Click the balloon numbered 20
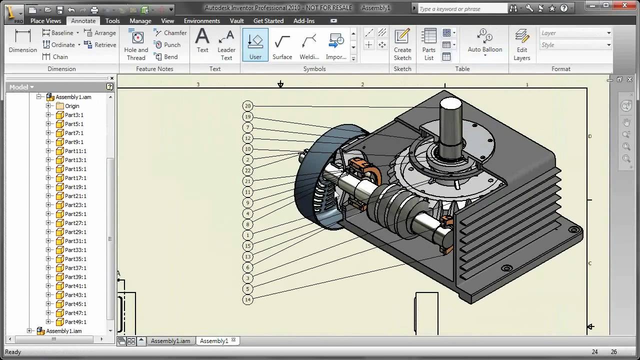coord(247,105)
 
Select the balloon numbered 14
coord(247,299)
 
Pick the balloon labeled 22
coord(247,170)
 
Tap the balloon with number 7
coord(247,127)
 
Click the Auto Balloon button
coord(485,41)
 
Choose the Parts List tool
coord(428,44)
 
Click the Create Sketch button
coord(402,44)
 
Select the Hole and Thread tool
coord(136,44)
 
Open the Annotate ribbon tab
coord(83,21)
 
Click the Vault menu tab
coord(236,21)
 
